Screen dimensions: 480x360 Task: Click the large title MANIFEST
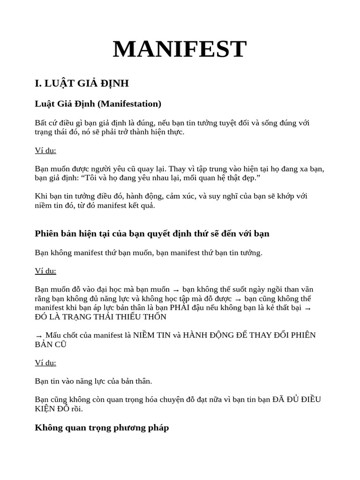point(180,49)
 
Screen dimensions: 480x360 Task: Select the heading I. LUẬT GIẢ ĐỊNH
point(82,83)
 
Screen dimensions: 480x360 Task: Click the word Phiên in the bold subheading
point(46,233)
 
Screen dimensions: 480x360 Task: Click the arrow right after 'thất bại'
point(308,308)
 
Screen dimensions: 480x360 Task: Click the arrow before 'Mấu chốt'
point(38,336)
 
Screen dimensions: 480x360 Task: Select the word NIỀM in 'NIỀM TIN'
point(145,335)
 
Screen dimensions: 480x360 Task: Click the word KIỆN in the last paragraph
point(46,409)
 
